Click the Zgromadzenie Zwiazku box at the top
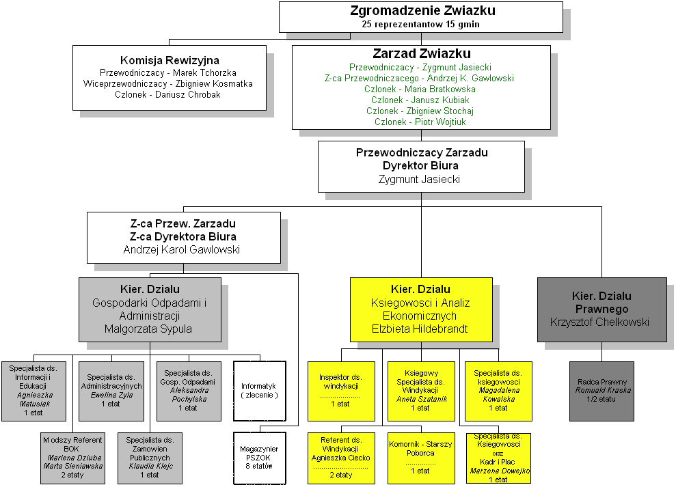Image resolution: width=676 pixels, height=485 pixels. pos(422,16)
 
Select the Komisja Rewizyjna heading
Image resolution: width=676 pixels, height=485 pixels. pos(170,60)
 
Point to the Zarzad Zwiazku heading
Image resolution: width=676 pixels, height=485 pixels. pos(421,54)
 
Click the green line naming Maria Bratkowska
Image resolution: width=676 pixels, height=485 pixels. pos(420,89)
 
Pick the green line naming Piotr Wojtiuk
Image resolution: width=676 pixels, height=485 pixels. pos(420,122)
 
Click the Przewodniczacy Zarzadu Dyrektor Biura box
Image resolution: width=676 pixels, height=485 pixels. pos(421,166)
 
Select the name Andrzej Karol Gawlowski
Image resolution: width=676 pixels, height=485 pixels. pos(182,249)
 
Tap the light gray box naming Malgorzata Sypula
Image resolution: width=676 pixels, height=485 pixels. pos(150,309)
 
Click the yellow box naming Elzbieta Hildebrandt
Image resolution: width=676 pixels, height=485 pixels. pos(421,309)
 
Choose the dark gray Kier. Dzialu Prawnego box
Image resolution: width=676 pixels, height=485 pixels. pos(601,309)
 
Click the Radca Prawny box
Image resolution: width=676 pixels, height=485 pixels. pos(601,390)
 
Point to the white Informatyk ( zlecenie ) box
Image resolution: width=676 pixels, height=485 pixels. pos(259,391)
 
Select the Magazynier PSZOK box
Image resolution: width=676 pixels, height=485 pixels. pos(259,458)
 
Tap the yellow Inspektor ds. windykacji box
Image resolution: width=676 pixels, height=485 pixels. pos(340,391)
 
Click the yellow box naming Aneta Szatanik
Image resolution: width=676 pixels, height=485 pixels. pos(420,391)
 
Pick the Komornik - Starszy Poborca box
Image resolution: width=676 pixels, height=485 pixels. pos(420,457)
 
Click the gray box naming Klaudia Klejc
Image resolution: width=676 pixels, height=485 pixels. pos(150,457)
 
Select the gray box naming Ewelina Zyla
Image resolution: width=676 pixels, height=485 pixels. pos(110,391)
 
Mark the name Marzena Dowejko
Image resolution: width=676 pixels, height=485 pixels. pos(499,471)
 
